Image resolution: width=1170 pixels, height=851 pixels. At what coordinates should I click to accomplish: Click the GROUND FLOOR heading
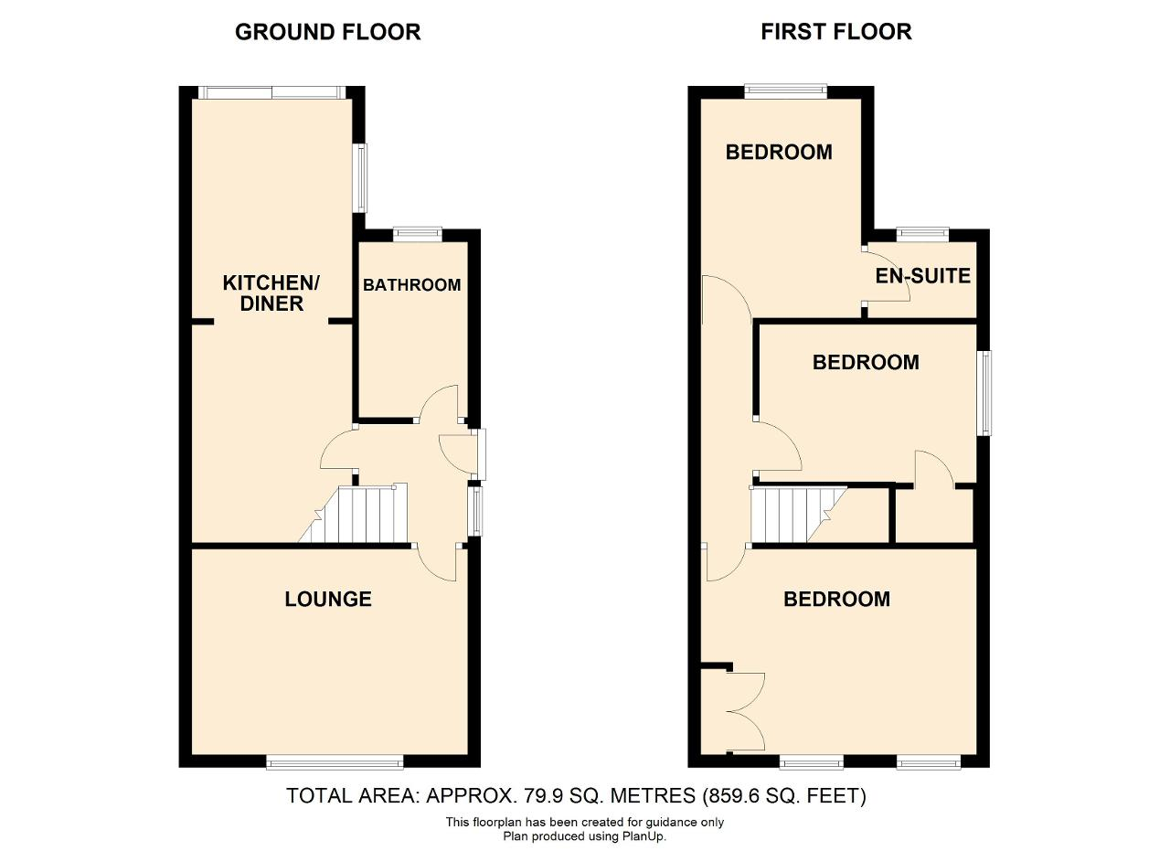(x=327, y=32)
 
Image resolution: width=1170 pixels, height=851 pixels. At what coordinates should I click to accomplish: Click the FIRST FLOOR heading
(x=836, y=32)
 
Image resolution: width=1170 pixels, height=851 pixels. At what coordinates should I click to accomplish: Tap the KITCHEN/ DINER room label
(x=271, y=293)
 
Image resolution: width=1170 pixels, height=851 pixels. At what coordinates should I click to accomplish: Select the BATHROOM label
(x=412, y=284)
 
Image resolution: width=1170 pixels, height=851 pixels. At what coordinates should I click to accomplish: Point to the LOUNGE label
(x=328, y=599)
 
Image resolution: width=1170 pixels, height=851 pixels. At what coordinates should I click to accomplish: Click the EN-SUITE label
(x=923, y=276)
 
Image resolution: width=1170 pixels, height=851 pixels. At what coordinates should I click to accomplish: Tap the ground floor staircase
(x=354, y=514)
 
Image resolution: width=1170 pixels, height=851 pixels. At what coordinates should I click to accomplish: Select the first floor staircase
(x=799, y=516)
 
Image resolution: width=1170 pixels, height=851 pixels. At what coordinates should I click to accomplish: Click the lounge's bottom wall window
(x=335, y=765)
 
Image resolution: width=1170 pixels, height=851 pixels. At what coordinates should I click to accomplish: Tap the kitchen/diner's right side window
(x=361, y=178)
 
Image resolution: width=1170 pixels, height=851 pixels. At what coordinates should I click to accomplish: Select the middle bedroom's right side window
(x=985, y=393)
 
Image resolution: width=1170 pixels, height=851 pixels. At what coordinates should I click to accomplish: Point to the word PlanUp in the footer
(x=643, y=836)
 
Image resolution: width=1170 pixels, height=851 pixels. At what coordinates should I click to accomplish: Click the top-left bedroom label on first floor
(x=779, y=152)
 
